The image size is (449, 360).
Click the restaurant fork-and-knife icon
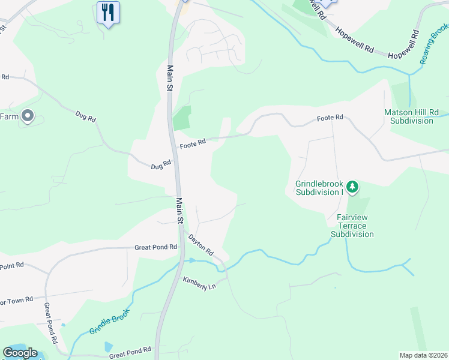(x=108, y=12)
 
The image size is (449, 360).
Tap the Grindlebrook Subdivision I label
(x=319, y=188)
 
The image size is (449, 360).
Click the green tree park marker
(x=352, y=188)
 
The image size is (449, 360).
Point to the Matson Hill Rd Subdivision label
(x=411, y=116)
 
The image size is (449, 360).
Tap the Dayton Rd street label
(x=200, y=245)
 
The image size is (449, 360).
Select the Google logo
(x=20, y=353)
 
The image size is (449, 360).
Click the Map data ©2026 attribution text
(x=423, y=355)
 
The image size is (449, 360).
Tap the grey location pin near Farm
(x=27, y=116)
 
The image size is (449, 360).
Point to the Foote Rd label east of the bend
(x=330, y=118)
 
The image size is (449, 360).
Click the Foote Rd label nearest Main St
(x=193, y=143)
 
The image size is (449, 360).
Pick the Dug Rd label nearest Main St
(x=161, y=163)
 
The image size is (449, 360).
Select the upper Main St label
(x=170, y=78)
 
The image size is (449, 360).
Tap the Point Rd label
(x=12, y=265)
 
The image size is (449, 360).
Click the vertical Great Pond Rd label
(x=50, y=322)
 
